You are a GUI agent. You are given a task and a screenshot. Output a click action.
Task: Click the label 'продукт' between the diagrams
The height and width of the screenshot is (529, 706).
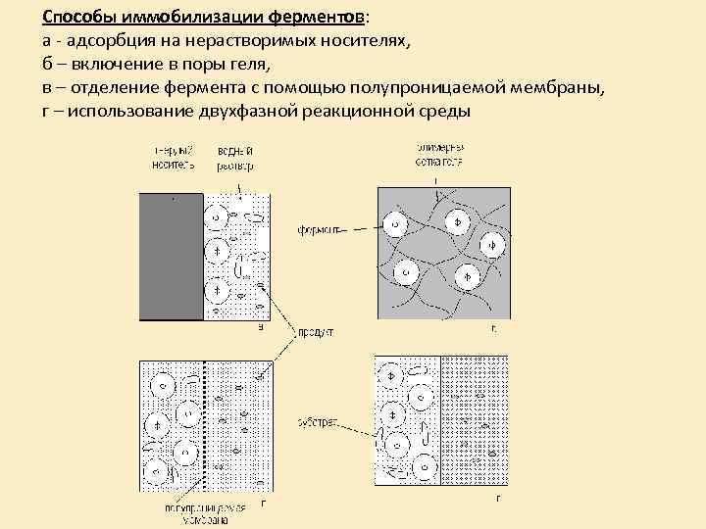(x=316, y=333)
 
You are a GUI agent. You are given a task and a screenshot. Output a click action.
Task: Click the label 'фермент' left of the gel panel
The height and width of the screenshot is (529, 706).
(x=320, y=231)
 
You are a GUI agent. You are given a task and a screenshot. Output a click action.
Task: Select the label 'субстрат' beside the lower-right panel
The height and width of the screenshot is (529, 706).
(x=317, y=422)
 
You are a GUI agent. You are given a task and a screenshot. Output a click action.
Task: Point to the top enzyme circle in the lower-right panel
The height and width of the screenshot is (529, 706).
(x=389, y=376)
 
